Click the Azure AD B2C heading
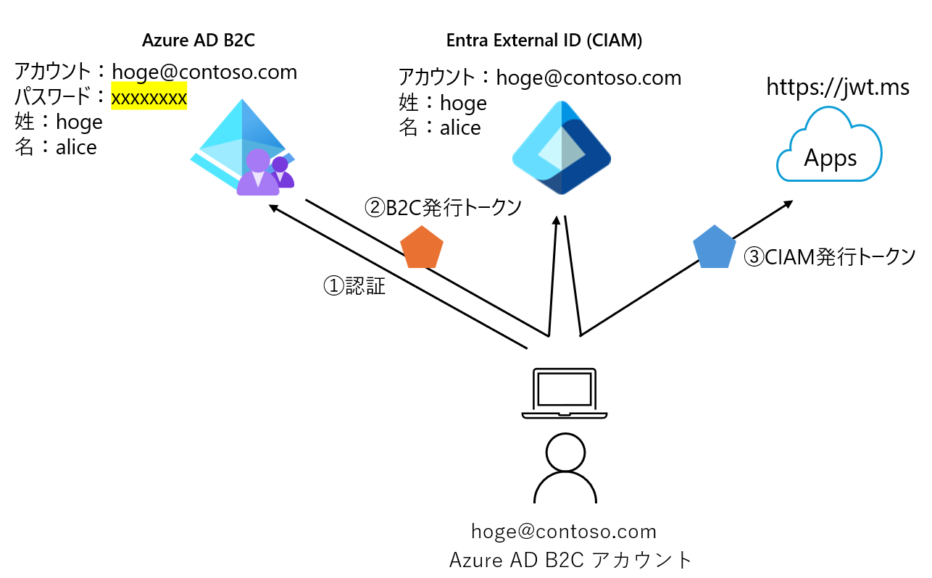tap(198, 41)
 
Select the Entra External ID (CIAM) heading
tap(544, 41)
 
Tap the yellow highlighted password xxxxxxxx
tap(149, 96)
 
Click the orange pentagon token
tap(422, 246)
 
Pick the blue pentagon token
tap(715, 246)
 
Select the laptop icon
tap(564, 393)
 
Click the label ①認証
tap(354, 286)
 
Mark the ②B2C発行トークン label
tap(442, 208)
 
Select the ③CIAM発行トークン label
tap(830, 256)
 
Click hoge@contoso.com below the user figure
tap(564, 532)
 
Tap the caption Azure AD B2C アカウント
tap(571, 560)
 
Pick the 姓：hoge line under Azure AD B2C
tap(59, 122)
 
